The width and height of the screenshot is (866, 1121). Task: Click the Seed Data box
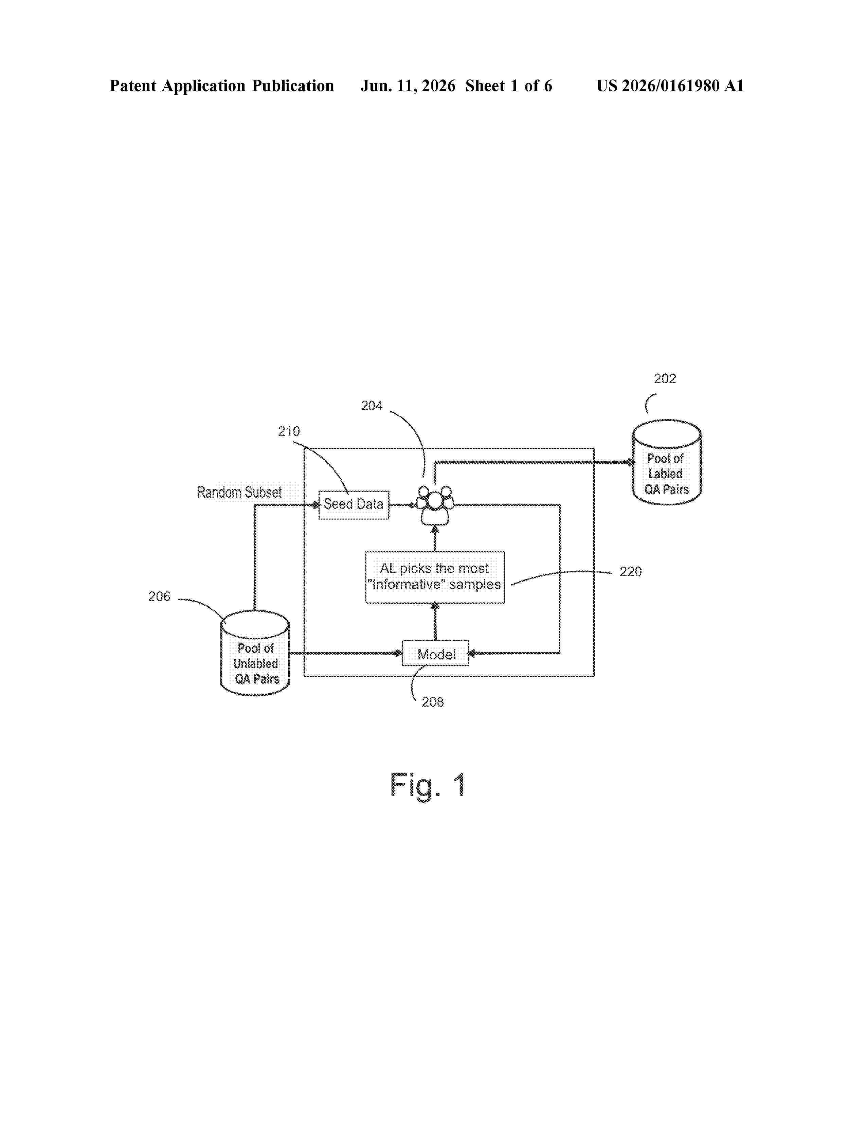pyautogui.click(x=354, y=504)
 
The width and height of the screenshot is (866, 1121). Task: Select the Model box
pyautogui.click(x=435, y=653)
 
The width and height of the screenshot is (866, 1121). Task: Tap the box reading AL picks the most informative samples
pyautogui.click(x=435, y=577)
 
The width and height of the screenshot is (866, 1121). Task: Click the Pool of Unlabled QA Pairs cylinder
pyautogui.click(x=255, y=653)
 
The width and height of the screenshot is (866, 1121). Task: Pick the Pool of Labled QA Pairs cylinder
pyautogui.click(x=666, y=462)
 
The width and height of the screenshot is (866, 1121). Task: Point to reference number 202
pyautogui.click(x=665, y=378)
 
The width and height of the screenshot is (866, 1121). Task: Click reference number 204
pyautogui.click(x=372, y=406)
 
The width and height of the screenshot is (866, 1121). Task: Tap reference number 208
pyautogui.click(x=432, y=702)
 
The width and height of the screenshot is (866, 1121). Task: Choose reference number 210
pyautogui.click(x=289, y=431)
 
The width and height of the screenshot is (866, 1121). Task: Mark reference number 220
pyautogui.click(x=631, y=571)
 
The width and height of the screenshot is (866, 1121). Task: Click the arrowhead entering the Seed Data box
pyautogui.click(x=316, y=505)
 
